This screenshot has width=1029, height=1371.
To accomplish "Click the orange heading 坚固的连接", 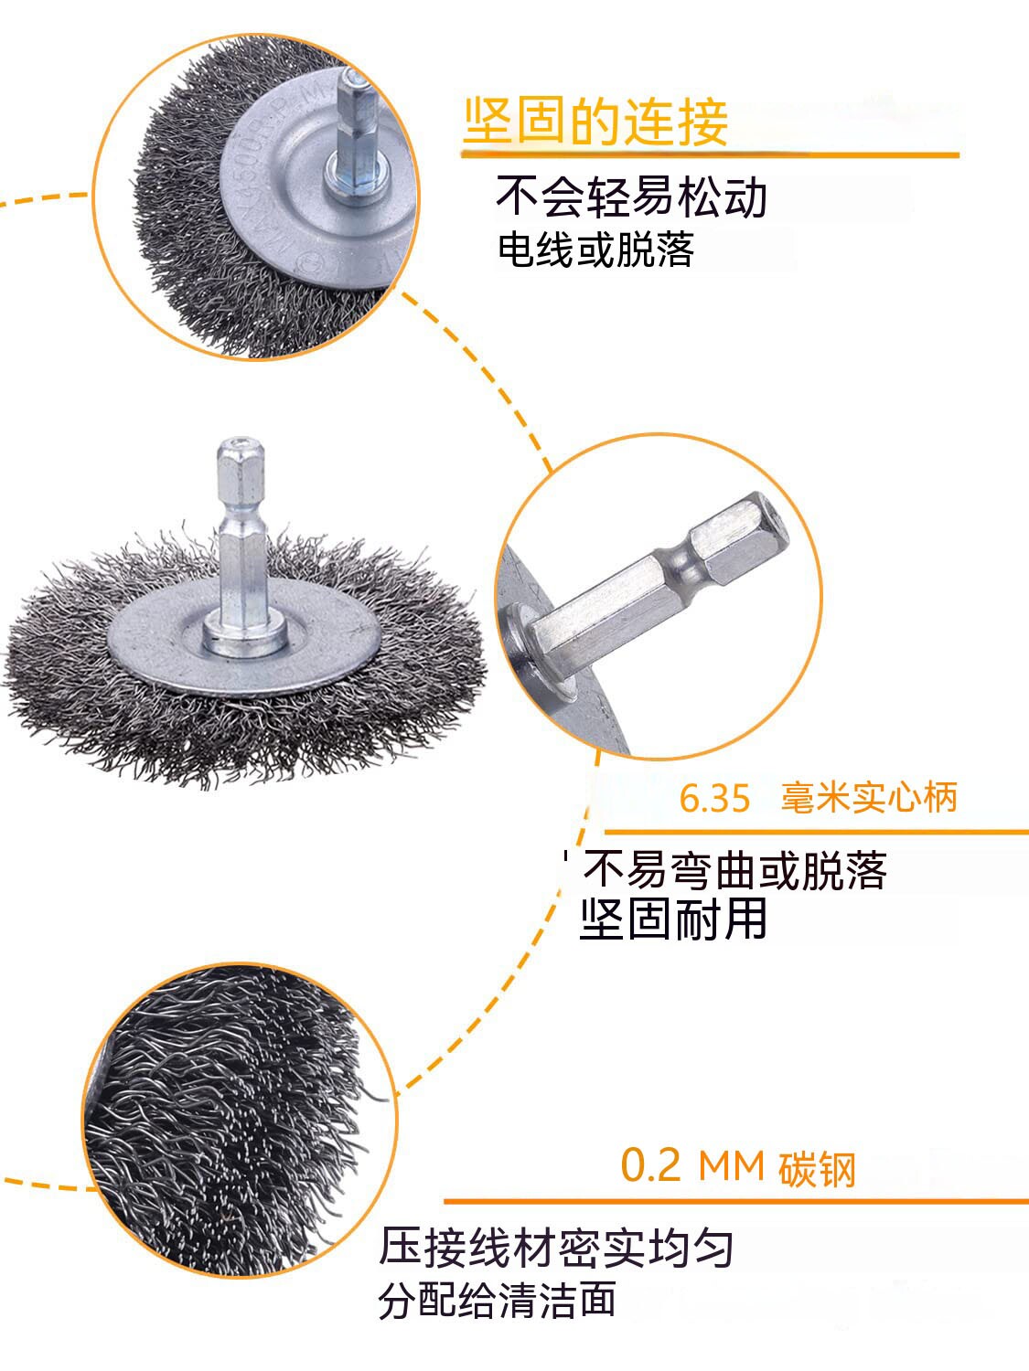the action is (595, 122).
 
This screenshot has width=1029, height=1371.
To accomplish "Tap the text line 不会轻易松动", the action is (631, 197).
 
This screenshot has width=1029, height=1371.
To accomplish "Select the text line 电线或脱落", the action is (595, 250).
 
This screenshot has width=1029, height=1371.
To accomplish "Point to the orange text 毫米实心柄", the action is (868, 797).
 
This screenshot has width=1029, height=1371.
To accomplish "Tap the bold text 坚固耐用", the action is (673, 919).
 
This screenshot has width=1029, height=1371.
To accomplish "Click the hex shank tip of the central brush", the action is (240, 447).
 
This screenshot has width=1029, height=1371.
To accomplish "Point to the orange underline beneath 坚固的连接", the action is (711, 154).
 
